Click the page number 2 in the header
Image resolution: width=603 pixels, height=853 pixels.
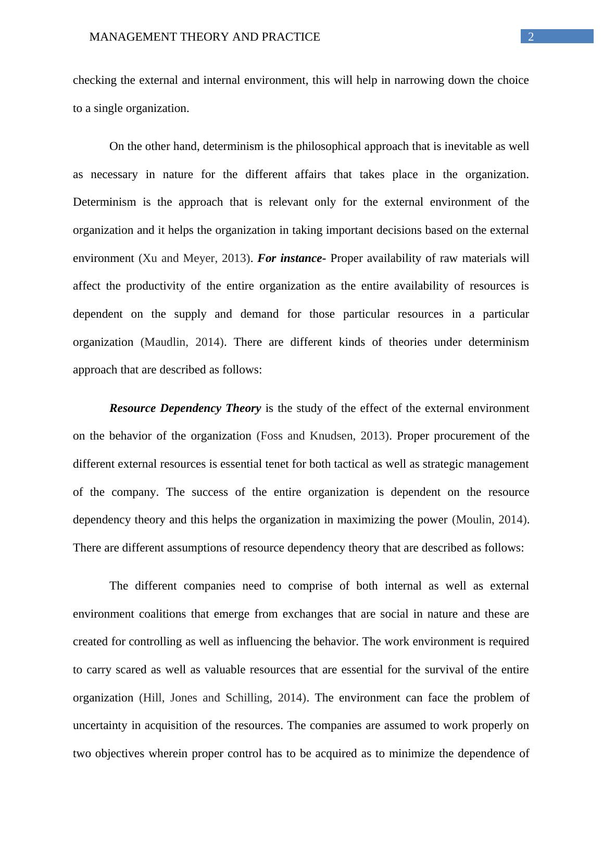point(531,36)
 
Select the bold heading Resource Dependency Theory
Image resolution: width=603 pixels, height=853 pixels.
point(185,408)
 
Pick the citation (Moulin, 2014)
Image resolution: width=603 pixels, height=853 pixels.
point(491,520)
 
